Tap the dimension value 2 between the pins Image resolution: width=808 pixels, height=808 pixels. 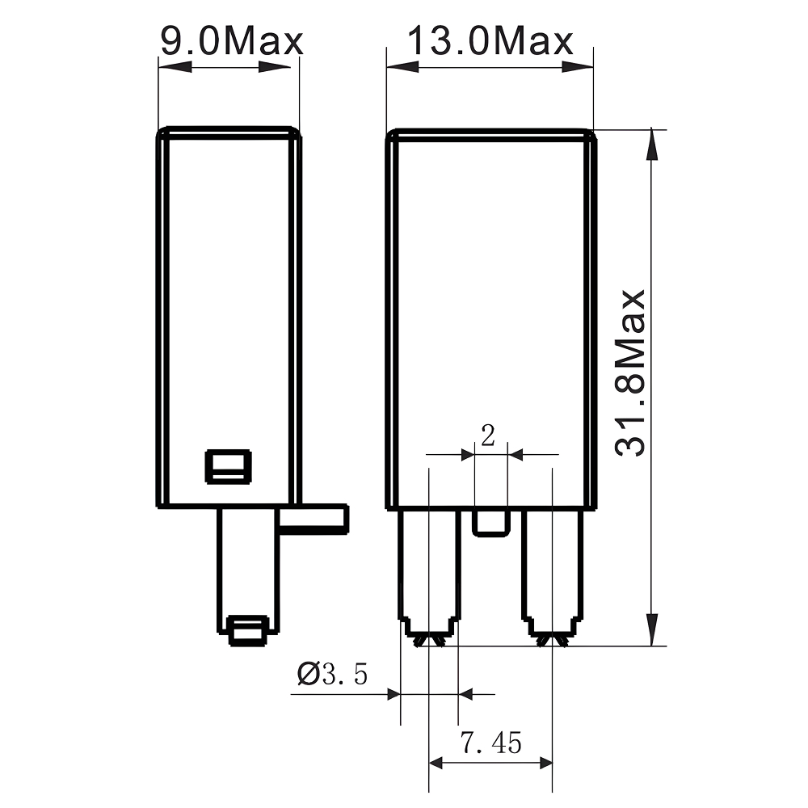(x=487, y=436)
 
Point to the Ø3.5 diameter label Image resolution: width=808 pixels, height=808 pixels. (x=332, y=673)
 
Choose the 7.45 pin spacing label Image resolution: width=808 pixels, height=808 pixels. (x=490, y=742)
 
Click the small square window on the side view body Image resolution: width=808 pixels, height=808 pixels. (x=229, y=466)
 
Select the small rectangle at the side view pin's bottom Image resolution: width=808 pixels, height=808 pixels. (x=247, y=630)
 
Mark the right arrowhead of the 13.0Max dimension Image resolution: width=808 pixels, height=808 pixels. (x=579, y=67)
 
